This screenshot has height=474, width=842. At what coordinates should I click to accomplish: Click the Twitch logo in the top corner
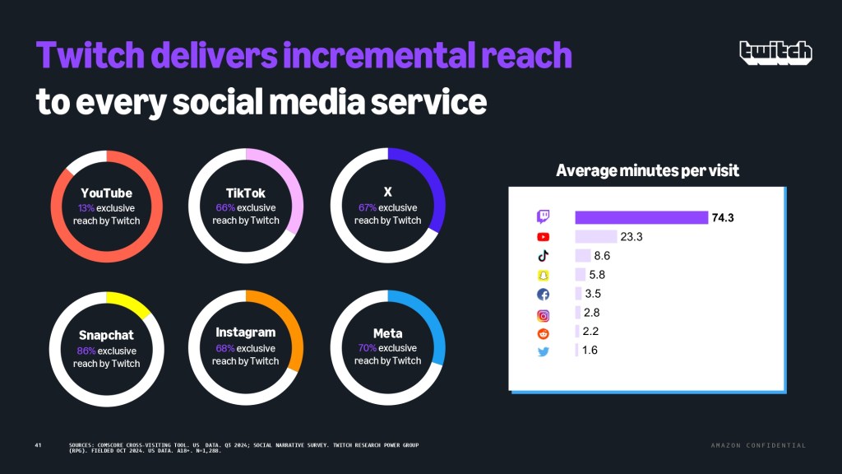click(x=775, y=52)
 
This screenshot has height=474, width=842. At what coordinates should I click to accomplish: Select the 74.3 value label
click(x=723, y=217)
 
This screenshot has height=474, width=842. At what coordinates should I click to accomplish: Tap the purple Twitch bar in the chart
click(x=641, y=217)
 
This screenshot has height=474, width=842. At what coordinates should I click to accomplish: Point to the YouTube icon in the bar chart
click(x=543, y=237)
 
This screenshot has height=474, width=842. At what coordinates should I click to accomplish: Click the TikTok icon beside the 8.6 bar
click(x=543, y=256)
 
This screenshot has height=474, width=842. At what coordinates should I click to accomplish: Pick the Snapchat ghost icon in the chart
click(x=543, y=275)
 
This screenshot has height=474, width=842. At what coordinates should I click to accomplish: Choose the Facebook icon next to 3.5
click(x=543, y=294)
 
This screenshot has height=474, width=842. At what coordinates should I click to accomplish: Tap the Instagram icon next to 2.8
click(x=543, y=314)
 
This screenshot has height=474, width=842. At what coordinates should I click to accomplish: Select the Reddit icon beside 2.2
click(x=543, y=332)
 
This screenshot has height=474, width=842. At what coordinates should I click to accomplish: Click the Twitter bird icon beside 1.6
click(x=543, y=351)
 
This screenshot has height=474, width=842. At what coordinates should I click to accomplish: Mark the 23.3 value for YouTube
click(x=631, y=237)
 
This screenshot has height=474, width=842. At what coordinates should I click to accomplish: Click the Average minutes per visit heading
click(x=647, y=171)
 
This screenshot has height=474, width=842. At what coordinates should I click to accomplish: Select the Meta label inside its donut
click(x=387, y=333)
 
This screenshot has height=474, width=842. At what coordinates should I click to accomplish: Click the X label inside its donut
click(x=387, y=192)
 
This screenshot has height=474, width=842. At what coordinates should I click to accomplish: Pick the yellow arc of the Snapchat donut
click(x=130, y=303)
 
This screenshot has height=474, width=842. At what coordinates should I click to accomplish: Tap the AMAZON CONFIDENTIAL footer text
click(x=758, y=445)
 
